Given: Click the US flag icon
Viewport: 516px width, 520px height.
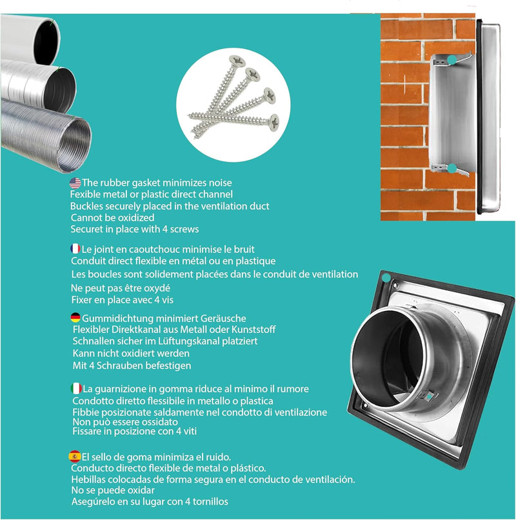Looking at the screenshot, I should point(75,183).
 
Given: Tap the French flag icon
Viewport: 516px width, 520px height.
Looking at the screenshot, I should point(75,248).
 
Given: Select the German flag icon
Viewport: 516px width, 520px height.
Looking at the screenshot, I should point(75,317).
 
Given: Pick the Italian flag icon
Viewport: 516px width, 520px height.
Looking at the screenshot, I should point(76,388).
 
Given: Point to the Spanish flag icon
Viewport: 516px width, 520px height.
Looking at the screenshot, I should point(75,456).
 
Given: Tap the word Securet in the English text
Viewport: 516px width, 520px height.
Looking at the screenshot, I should point(88,229).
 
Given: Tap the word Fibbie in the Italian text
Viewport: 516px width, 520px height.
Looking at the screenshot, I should point(85,412).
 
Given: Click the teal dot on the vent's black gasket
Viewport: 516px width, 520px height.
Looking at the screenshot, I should point(386,278).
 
